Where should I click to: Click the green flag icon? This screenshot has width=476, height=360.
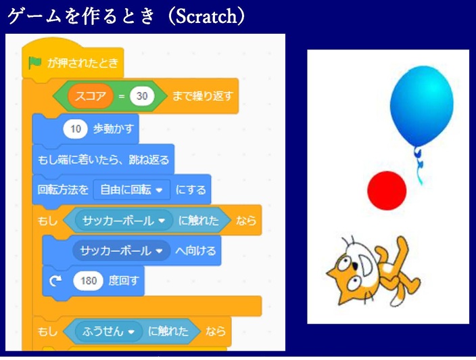tap(34, 63)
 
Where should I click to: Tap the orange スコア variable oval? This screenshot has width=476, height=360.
tap(91, 96)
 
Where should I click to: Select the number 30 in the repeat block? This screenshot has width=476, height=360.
tap(142, 96)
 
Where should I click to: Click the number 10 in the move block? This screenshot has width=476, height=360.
tap(75, 129)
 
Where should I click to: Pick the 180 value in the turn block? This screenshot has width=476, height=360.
tap(89, 280)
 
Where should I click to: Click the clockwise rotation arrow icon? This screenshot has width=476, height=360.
tap(55, 281)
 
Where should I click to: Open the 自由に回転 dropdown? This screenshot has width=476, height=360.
tap(131, 190)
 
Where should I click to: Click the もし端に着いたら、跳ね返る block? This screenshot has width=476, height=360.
tap(103, 159)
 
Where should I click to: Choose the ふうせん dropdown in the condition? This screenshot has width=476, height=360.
tap(108, 331)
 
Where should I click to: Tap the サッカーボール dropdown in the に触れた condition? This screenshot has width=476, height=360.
tap(124, 220)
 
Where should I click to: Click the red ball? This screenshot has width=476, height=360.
tap(387, 190)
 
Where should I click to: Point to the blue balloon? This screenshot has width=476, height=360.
tap(422, 106)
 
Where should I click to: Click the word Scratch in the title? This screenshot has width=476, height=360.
tap(206, 16)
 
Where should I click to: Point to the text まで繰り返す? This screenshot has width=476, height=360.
tap(202, 96)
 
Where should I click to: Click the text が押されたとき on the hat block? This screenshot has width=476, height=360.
tap(82, 63)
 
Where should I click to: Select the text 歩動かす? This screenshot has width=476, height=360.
tap(113, 129)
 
